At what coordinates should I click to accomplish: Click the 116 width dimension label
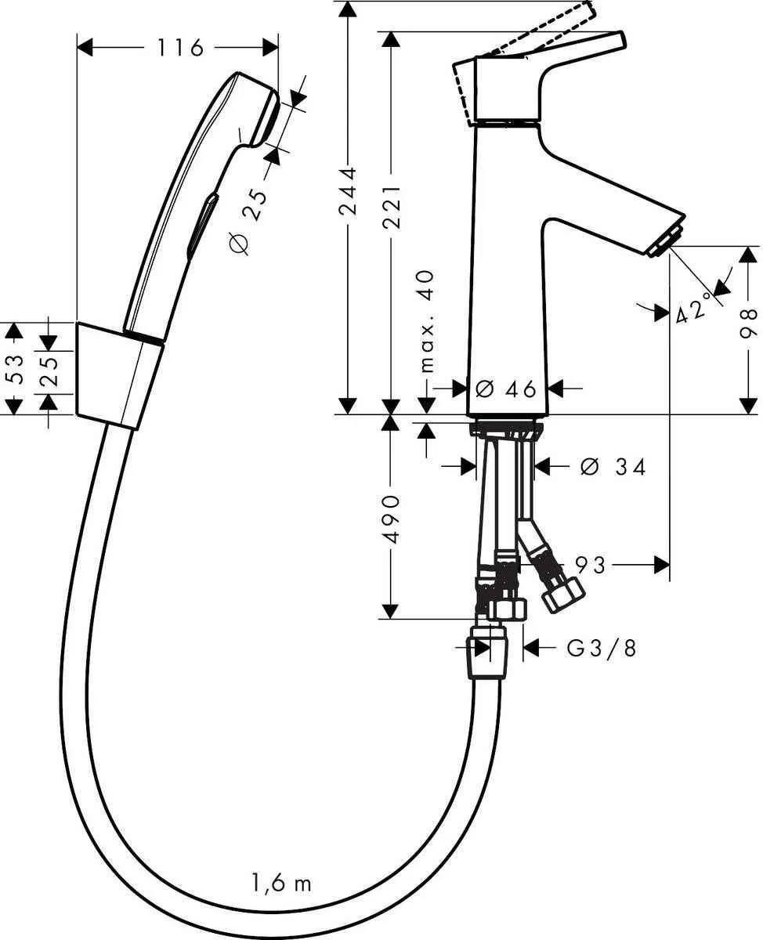(179, 48)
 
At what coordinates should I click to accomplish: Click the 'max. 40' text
(426, 321)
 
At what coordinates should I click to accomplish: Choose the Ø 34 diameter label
(613, 467)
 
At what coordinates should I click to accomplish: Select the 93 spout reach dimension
(591, 564)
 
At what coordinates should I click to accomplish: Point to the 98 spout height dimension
(748, 322)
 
